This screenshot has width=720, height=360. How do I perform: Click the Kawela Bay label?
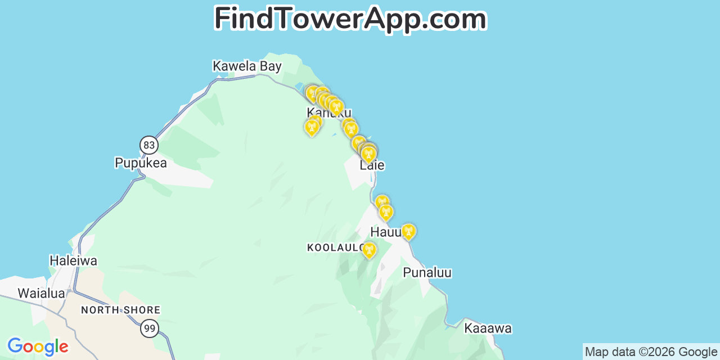(x=247, y=66)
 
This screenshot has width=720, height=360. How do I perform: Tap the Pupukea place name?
(x=141, y=163)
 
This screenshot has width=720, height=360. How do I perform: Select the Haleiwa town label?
(x=73, y=261)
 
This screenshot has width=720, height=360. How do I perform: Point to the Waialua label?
(x=41, y=293)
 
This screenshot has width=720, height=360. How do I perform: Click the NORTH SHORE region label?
(x=120, y=310)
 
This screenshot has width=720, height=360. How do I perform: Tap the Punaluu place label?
(x=427, y=273)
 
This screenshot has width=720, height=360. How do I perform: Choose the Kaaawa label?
(x=488, y=328)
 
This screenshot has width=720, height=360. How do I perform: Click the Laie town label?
(x=372, y=165)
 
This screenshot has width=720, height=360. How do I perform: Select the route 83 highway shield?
(x=149, y=145)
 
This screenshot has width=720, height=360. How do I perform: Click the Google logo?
(x=37, y=346)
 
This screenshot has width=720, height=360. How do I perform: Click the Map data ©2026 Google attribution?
(x=651, y=352)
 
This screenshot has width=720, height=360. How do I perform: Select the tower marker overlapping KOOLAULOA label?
(x=369, y=250)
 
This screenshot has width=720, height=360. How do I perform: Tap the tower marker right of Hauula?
(x=408, y=231)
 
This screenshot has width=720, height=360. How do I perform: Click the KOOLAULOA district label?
(x=335, y=247)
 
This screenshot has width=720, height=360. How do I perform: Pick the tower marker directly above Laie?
(x=368, y=154)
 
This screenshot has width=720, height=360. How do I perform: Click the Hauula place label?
(x=386, y=232)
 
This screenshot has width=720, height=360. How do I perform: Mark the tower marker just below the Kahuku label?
(x=312, y=128)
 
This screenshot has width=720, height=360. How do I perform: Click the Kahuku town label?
(x=329, y=112)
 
